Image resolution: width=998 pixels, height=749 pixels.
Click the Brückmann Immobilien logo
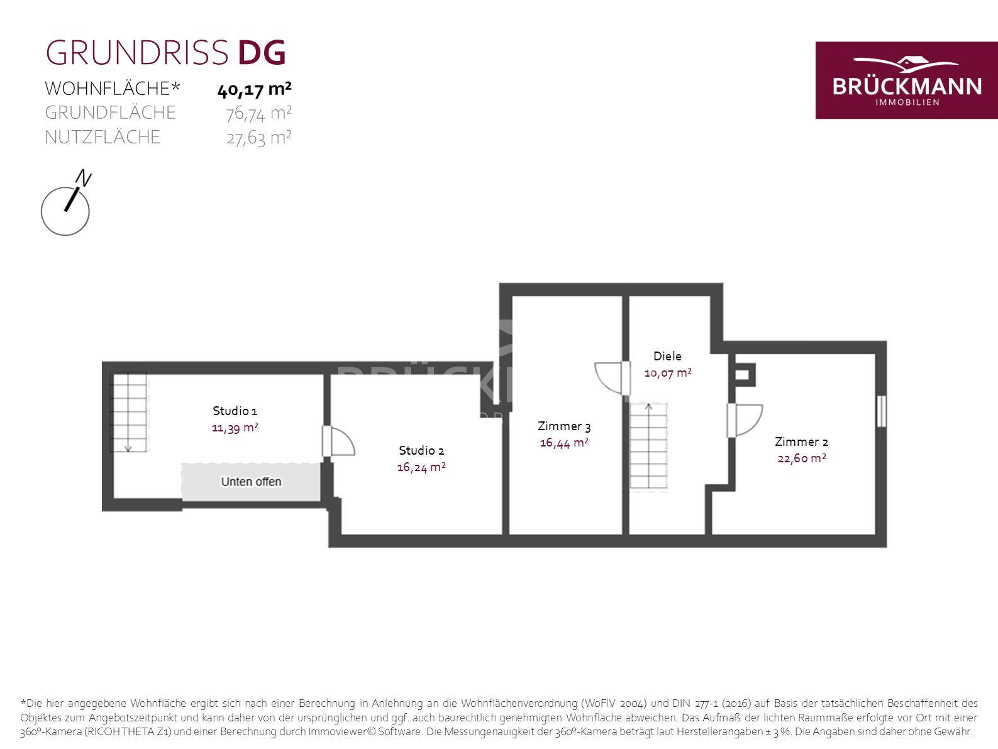pyautogui.click(x=906, y=80)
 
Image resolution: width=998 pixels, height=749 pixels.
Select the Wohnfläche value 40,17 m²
pyautogui.click(x=254, y=89)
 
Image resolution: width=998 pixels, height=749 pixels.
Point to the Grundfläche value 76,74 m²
pyautogui.click(x=258, y=114)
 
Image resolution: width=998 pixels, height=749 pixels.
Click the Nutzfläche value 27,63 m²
pyautogui.click(x=258, y=138)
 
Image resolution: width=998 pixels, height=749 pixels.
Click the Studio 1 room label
pyautogui.click(x=235, y=411)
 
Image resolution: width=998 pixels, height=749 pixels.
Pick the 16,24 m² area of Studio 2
pyautogui.click(x=421, y=467)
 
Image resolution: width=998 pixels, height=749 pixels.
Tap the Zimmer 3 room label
pyautogui.click(x=564, y=426)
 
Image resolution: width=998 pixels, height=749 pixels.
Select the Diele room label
pyautogui.click(x=667, y=356)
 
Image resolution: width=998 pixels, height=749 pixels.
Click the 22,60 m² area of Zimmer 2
pyautogui.click(x=802, y=458)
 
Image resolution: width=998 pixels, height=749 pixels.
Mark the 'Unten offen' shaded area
pyautogui.click(x=252, y=482)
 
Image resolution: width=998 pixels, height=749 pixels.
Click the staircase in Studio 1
pyautogui.click(x=130, y=412)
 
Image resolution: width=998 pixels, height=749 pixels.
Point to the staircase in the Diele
pyautogui.click(x=648, y=446)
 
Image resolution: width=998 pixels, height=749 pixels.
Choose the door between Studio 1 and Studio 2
pyautogui.click(x=338, y=441)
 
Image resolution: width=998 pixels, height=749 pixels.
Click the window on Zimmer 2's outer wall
pyautogui.click(x=881, y=411)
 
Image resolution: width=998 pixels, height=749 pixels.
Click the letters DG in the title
pyautogui.click(x=262, y=53)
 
